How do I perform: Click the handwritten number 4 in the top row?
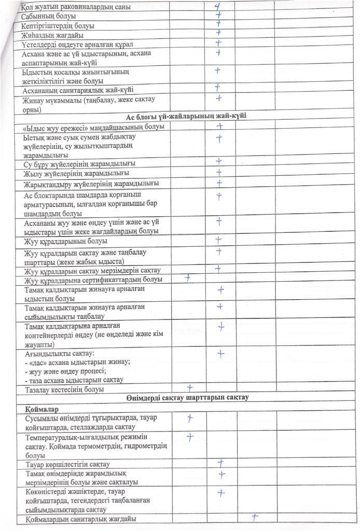coord(218,7)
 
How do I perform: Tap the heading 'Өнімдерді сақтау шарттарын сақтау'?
coord(187,398)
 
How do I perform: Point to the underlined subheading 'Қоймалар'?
coord(36,408)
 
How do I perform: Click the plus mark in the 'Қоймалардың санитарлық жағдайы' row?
coord(255,517)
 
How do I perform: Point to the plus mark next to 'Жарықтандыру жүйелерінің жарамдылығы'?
coord(219,183)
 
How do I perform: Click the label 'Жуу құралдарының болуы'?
coord(66,241)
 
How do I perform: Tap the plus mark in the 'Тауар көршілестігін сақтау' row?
coord(220,463)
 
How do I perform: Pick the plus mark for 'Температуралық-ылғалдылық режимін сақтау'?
coord(190,437)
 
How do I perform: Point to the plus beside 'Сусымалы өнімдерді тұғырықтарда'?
coord(190,417)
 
